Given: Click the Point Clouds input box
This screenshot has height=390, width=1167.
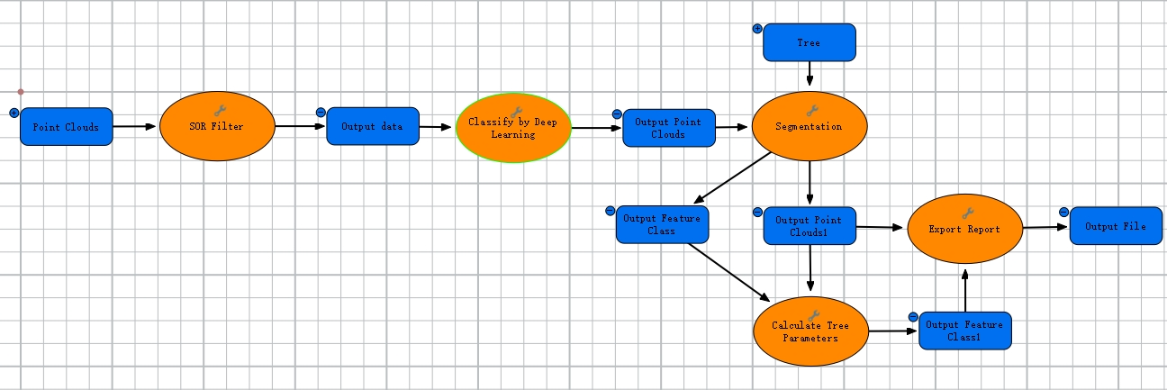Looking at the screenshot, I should pos(66,127).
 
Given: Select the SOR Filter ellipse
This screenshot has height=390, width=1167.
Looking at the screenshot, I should pos(217,127).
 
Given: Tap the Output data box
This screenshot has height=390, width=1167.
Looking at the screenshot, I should pos(372,126).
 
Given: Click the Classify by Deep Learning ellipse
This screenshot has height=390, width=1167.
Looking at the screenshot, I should pos(513,128).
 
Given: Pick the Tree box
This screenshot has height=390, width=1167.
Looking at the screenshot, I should pos(809,42).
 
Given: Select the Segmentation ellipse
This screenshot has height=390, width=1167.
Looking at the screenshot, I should pos(809,127).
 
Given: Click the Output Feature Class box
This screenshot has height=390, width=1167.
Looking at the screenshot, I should pos(663,224).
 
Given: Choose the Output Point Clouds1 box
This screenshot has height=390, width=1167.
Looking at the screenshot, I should pos(810,225).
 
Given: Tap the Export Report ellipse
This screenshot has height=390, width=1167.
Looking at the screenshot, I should pos(965,229).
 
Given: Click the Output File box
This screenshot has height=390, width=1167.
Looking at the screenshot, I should pos(1115,226).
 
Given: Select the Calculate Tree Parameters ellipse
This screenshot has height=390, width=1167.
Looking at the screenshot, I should pos(810,331).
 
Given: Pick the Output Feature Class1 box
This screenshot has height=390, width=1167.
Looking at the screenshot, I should pos(965,331).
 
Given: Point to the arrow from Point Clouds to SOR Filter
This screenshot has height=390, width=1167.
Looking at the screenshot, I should pos(136,127).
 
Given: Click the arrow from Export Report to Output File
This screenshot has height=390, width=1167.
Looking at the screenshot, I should pos(1046,228).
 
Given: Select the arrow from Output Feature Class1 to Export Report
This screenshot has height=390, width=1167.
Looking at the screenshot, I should pos(965,288).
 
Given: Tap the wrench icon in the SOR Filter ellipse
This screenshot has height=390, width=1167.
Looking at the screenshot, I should pos(217,110).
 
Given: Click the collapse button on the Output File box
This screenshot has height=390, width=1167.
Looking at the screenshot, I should pos(1063,212).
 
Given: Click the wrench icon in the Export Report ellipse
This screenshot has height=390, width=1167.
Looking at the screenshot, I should pos(967,213).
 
